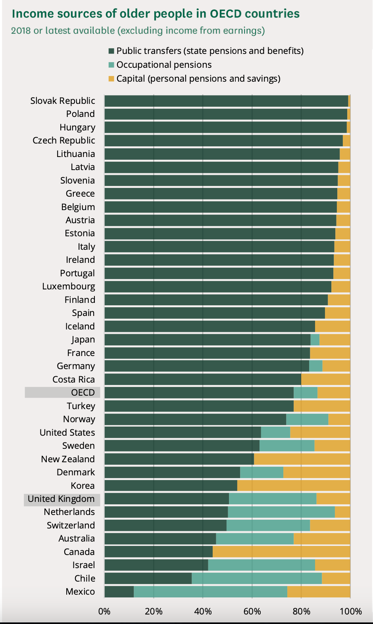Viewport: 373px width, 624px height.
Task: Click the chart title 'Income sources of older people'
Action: click(x=156, y=14)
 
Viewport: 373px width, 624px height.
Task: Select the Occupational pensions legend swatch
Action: click(x=112, y=65)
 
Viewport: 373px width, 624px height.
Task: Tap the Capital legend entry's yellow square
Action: click(x=112, y=78)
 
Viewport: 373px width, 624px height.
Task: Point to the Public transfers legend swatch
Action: click(x=112, y=51)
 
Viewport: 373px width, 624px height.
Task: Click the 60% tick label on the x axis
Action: click(x=252, y=611)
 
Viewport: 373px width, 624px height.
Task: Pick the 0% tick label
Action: click(x=104, y=611)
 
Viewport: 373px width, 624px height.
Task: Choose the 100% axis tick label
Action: click(x=350, y=611)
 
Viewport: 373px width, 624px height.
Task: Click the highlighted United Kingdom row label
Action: click(x=62, y=499)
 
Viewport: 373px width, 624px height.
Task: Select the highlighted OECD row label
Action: click(x=83, y=392)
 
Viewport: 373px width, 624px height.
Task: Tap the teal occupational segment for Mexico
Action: click(x=210, y=591)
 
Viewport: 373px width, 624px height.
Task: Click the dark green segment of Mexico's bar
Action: click(x=119, y=591)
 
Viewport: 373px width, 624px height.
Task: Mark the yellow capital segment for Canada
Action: click(x=281, y=551)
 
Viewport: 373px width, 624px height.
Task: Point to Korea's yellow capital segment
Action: click(x=294, y=485)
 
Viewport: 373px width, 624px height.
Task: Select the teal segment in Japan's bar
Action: click(x=315, y=339)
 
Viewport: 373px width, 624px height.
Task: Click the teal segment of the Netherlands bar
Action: click(x=281, y=512)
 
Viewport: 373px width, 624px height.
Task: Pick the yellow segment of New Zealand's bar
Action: click(x=302, y=459)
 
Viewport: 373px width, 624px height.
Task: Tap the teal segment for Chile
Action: click(x=257, y=578)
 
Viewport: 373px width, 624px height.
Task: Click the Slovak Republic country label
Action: click(x=63, y=101)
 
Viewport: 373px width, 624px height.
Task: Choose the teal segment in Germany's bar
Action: click(x=316, y=366)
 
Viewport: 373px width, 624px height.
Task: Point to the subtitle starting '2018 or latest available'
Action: click(x=138, y=31)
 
